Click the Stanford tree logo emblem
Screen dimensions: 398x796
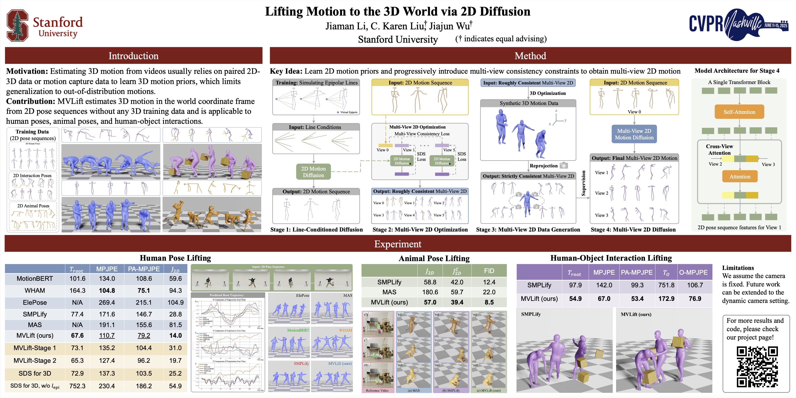pos(18,25)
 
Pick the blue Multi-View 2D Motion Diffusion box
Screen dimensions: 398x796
pos(634,134)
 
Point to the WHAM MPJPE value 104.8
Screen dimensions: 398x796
pos(107,290)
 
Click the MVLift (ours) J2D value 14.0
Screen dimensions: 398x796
pos(175,335)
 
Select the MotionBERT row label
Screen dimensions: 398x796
pos(35,279)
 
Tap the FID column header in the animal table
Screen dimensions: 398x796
pos(489,271)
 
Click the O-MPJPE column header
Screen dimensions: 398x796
pos(693,272)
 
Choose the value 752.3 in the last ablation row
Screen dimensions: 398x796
pos(77,386)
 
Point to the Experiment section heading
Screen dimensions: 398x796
pos(398,244)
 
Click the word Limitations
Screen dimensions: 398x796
pos(738,268)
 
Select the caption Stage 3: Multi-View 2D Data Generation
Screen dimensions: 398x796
pos(528,229)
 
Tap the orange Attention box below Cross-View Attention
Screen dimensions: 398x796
pos(740,177)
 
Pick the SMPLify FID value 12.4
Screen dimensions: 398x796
pos(489,282)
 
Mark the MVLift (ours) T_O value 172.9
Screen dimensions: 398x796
pos(666,299)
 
